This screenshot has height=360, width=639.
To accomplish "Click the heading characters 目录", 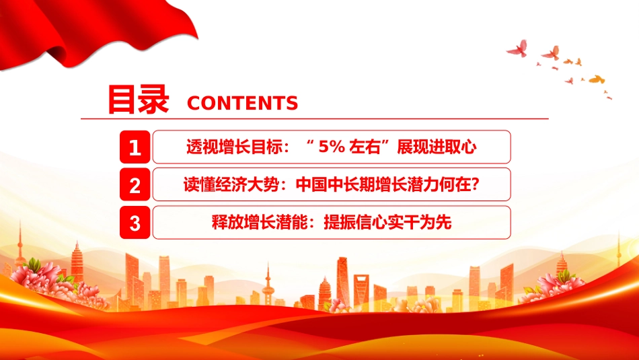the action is (x=138, y=99).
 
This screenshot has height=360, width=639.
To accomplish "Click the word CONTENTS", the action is (x=242, y=103).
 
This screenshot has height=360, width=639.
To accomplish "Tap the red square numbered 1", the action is (x=135, y=147).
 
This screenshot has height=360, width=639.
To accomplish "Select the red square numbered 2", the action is (x=135, y=184).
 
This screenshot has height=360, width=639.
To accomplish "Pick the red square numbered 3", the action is (x=135, y=223).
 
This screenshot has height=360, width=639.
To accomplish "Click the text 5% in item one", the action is (x=332, y=147).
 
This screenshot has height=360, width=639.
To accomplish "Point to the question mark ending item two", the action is (x=474, y=184).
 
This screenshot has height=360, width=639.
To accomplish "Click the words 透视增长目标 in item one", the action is (x=234, y=147).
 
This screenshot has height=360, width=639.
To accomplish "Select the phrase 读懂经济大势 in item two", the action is (x=231, y=184).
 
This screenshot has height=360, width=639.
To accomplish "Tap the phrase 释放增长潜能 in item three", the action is (x=260, y=223).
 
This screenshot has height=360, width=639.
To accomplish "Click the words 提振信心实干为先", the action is (x=387, y=223).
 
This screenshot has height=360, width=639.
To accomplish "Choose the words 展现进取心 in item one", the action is (x=437, y=147).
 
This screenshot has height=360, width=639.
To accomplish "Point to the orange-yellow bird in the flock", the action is (x=597, y=79).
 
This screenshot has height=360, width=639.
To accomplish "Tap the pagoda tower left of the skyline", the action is (x=77, y=261).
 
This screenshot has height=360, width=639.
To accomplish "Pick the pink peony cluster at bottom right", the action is (x=556, y=283).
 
